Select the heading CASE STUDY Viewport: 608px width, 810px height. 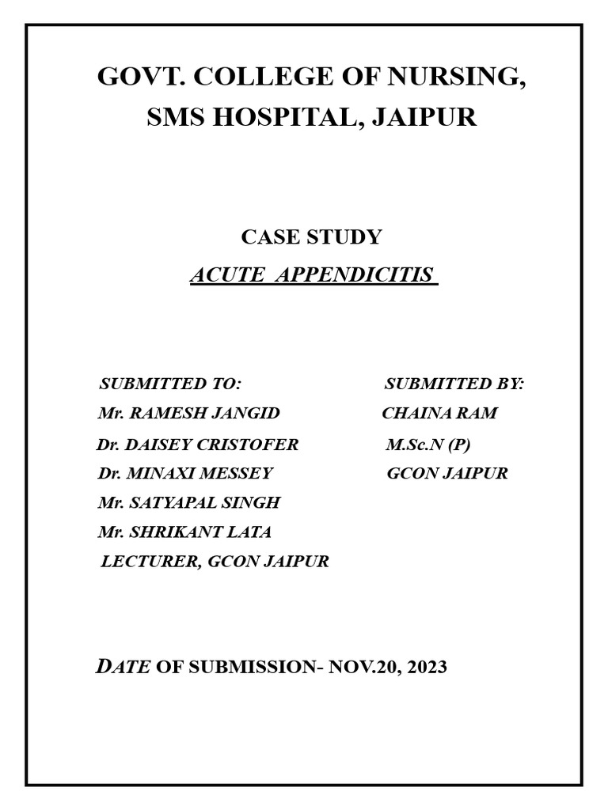311,237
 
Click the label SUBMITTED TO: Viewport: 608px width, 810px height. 169,384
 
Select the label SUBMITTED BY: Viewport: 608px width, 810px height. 454,384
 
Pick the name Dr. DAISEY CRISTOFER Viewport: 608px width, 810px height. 197,445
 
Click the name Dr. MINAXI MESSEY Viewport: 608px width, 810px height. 184,474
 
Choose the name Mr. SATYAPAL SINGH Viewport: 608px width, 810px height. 188,503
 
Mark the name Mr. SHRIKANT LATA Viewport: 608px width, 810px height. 184,532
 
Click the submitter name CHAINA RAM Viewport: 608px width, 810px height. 440,414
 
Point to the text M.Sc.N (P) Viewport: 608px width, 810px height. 428,445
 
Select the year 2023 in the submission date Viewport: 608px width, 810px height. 428,667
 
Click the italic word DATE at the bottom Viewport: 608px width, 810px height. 123,666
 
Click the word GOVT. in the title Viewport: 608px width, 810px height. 139,78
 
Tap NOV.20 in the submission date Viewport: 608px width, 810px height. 363,667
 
